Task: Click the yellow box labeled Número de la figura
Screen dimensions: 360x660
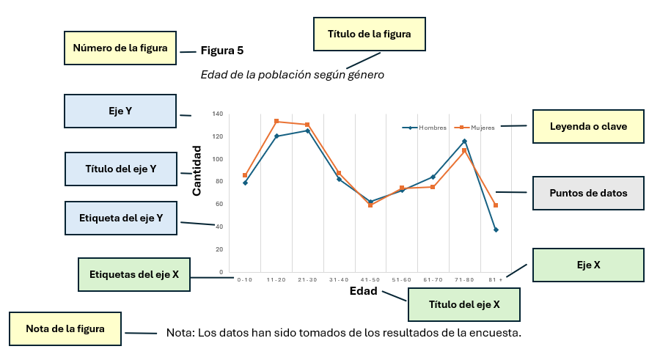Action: [x=120, y=48]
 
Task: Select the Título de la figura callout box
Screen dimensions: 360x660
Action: [x=370, y=34]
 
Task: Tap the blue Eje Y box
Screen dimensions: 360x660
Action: [x=120, y=111]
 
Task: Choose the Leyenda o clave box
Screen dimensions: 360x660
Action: [x=587, y=126]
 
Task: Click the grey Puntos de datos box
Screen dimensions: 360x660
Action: [x=587, y=194]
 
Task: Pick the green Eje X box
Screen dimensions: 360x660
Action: [x=587, y=265]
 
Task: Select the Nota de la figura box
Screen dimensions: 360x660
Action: [x=65, y=329]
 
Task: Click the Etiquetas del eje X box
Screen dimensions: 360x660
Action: [x=133, y=275]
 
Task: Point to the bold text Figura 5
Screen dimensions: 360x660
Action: [x=222, y=51]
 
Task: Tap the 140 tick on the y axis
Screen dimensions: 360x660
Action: [x=217, y=114]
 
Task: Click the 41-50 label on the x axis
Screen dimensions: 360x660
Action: [x=370, y=279]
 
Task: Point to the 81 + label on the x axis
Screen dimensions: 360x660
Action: [x=496, y=279]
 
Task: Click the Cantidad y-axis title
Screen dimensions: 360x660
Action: [x=197, y=170]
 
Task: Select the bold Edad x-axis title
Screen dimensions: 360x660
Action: [x=363, y=291]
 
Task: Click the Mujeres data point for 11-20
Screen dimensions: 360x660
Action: [x=276, y=121]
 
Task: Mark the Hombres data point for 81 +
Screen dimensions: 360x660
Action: [x=496, y=230]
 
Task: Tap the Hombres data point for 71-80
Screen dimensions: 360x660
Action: [x=464, y=141]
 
